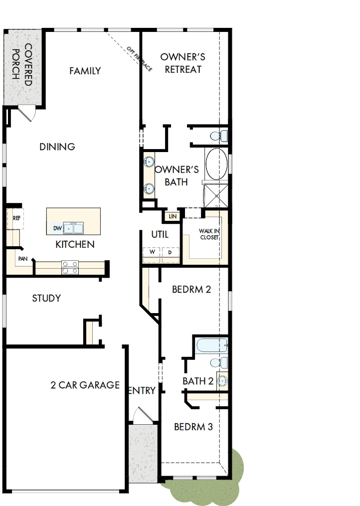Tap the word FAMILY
click(x=85, y=71)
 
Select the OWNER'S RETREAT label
click(x=183, y=63)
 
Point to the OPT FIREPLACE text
click(x=140, y=58)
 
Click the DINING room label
click(x=57, y=147)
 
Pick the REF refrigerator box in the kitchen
click(x=16, y=218)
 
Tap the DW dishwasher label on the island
click(x=57, y=228)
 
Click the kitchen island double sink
click(x=73, y=228)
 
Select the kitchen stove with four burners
click(x=70, y=268)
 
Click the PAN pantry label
click(x=22, y=259)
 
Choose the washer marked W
click(x=152, y=253)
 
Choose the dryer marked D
click(x=170, y=253)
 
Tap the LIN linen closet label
click(x=173, y=216)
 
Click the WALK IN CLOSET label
click(x=209, y=234)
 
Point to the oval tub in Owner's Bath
click(x=216, y=164)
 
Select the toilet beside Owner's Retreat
click(x=218, y=135)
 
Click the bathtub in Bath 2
click(x=211, y=345)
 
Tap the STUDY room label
click(x=46, y=298)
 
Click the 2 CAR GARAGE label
click(x=85, y=385)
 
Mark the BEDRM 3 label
click(x=193, y=427)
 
